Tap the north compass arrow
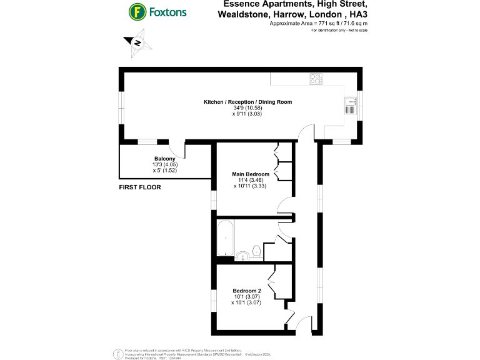[136, 43]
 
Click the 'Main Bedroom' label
[251, 174]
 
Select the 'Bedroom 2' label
[246, 291]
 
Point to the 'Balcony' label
[164, 159]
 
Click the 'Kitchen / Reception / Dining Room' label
[247, 102]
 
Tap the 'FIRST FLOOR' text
[140, 187]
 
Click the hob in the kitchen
[316, 79]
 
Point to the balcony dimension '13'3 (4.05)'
[164, 165]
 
